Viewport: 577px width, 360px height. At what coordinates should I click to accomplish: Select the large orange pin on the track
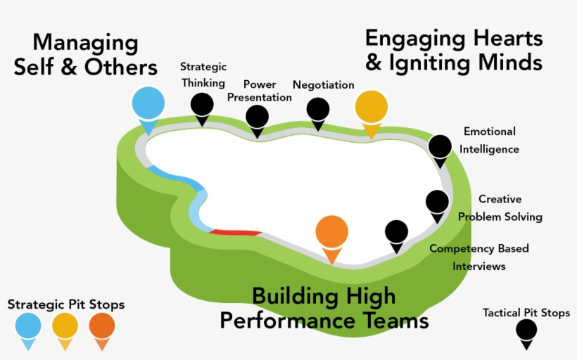coord(331,233)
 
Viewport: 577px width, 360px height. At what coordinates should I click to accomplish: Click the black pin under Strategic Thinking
coord(202,105)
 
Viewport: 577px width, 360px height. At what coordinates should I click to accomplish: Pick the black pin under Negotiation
coord(317,110)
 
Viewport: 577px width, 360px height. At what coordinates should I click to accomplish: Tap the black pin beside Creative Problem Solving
coord(437,202)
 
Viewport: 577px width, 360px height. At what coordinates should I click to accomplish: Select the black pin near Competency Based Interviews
coord(396,233)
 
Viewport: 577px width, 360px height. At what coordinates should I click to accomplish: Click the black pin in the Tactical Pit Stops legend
coord(526,330)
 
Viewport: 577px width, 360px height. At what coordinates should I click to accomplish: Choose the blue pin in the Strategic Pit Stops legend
coord(28,327)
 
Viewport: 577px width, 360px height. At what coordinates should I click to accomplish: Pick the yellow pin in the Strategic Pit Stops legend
coord(65,327)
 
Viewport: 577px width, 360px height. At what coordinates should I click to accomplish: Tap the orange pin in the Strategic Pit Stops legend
coord(102,327)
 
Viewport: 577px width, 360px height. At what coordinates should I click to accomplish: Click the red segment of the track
coord(236,231)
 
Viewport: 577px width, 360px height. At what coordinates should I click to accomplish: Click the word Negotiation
coord(323,85)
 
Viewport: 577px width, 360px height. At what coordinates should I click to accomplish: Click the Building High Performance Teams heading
coord(324,308)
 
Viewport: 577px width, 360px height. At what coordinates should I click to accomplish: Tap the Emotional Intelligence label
coord(490,140)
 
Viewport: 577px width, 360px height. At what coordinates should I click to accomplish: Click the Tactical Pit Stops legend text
coord(526,313)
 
